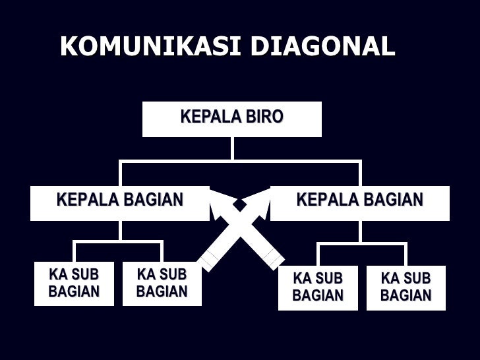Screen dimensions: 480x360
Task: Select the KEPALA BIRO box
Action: pyautogui.click(x=231, y=119)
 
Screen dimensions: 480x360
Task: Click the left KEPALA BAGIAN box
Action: pyautogui.click(x=119, y=202)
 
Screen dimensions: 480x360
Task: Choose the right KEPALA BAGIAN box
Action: pyautogui.click(x=359, y=202)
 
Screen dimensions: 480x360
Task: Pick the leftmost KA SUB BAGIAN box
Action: pyautogui.click(x=74, y=284)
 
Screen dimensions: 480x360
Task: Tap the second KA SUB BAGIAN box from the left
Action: pyautogui.click(x=162, y=284)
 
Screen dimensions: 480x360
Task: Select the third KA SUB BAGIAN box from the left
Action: pyautogui.click(x=318, y=287)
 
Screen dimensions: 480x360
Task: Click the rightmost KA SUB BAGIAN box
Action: pyautogui.click(x=405, y=287)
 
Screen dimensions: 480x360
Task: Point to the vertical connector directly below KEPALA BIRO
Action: pyautogui.click(x=232, y=148)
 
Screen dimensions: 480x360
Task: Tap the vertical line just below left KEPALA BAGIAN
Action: pyautogui.click(x=119, y=230)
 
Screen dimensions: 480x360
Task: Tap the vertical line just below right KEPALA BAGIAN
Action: pyautogui.click(x=359, y=230)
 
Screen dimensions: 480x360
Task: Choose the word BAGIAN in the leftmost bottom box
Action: pyautogui.click(x=74, y=291)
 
